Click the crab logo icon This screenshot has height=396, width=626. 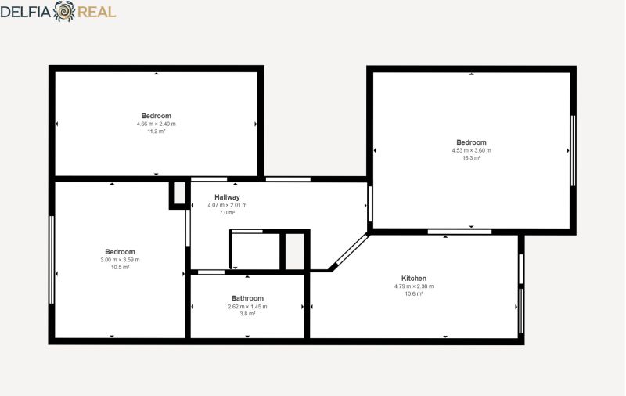pyautogui.click(x=64, y=11)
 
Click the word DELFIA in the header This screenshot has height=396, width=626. pyautogui.click(x=26, y=12)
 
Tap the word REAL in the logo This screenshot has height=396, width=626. pyautogui.click(x=96, y=12)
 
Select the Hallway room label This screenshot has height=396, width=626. pyautogui.click(x=227, y=196)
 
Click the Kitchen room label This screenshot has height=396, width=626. pyautogui.click(x=414, y=279)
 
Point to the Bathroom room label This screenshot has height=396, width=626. pyautogui.click(x=247, y=298)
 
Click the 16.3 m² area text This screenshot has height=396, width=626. pyautogui.click(x=472, y=158)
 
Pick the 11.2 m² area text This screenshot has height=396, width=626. pyautogui.click(x=156, y=131)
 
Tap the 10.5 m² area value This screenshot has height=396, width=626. pyautogui.click(x=121, y=268)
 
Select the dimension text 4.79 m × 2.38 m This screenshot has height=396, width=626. pyautogui.click(x=414, y=286)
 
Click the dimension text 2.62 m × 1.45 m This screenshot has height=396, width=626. pyautogui.click(x=247, y=307)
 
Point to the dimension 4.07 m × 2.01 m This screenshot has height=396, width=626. pyautogui.click(x=227, y=205)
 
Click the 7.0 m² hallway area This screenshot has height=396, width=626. pyautogui.click(x=227, y=213)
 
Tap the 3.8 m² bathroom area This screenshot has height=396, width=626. pyautogui.click(x=247, y=314)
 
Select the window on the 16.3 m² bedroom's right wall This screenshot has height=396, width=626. pyautogui.click(x=573, y=150)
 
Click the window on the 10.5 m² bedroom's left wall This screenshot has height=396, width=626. pyautogui.click(x=52, y=260)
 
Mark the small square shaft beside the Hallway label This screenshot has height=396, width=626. pyautogui.click(x=178, y=194)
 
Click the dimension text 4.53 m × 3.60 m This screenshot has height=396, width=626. pyautogui.click(x=472, y=150)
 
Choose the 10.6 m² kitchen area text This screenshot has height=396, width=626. pyautogui.click(x=414, y=293)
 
